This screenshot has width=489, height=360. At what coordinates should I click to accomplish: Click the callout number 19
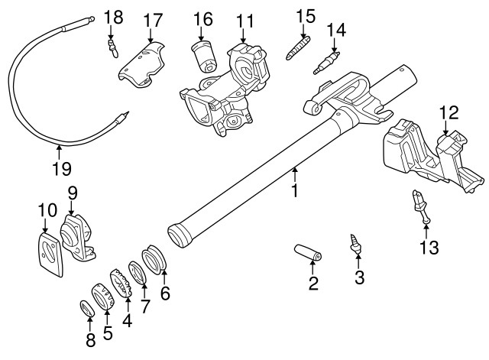pos(62,169)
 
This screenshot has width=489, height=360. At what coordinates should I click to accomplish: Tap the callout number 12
pos(449,112)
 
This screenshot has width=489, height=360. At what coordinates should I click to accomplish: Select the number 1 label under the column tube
pos(294,190)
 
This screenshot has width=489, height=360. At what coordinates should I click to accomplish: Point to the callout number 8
pos(90,339)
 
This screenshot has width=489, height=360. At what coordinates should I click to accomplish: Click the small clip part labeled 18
pos(112,48)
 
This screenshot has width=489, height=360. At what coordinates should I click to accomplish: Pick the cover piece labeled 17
pos(141,65)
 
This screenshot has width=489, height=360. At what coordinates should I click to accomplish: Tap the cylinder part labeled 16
pos(203,56)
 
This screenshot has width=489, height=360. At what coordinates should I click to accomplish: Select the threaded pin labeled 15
pos(298,47)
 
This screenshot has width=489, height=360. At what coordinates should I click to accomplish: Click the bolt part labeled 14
pos(326,63)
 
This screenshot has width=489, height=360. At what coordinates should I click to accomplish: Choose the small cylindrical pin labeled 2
pos(308,252)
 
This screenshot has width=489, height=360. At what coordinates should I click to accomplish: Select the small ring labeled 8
pos(87,309)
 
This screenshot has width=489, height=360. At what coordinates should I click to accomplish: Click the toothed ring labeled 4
pos(121,282)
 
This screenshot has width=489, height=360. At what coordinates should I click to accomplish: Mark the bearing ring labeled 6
pos(154,260)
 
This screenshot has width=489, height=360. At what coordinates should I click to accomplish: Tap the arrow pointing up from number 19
pos(59,153)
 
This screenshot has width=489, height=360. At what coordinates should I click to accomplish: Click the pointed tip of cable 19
pos(128,112)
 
